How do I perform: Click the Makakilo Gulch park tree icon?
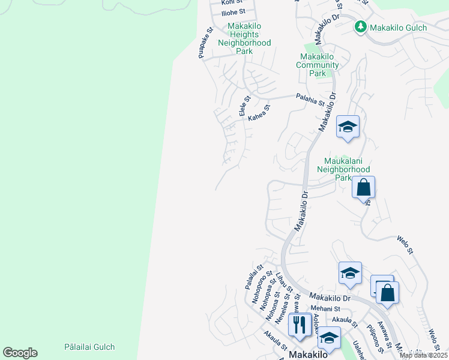click(x=360, y=27)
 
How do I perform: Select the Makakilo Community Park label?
click(x=319, y=65)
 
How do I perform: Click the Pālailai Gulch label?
click(x=89, y=347)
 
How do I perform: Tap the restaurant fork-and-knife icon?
click(x=298, y=325)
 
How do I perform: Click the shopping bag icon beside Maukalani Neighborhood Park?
click(x=364, y=188)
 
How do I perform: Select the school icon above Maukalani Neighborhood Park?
click(x=348, y=127)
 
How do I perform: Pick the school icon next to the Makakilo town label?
click(x=328, y=338)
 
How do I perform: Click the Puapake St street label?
click(x=205, y=43)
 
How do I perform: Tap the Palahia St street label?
click(x=310, y=99)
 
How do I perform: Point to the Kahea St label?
click(x=260, y=112)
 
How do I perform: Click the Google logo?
click(x=20, y=353)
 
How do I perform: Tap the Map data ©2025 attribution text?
click(x=423, y=355)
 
